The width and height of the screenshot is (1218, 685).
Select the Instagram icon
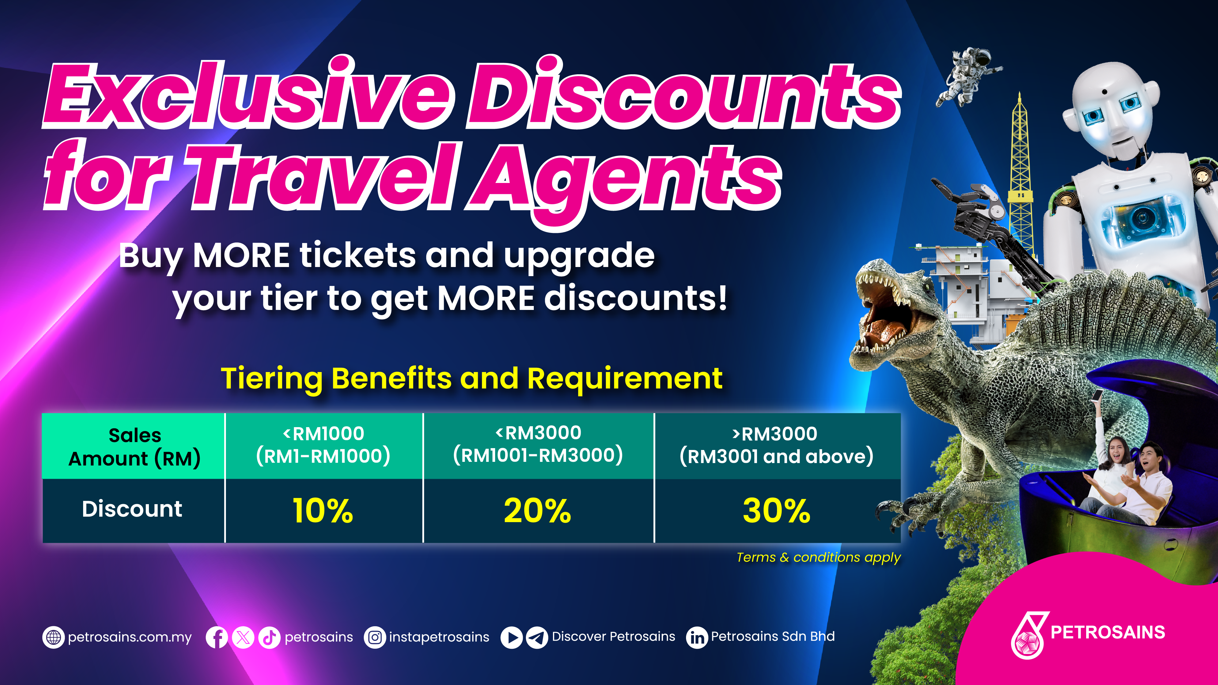click(x=375, y=637)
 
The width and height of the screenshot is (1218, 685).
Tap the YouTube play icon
click(x=512, y=637)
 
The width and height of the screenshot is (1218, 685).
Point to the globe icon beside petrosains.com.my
click(x=53, y=637)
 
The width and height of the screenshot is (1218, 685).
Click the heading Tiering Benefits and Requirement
click(x=472, y=379)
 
